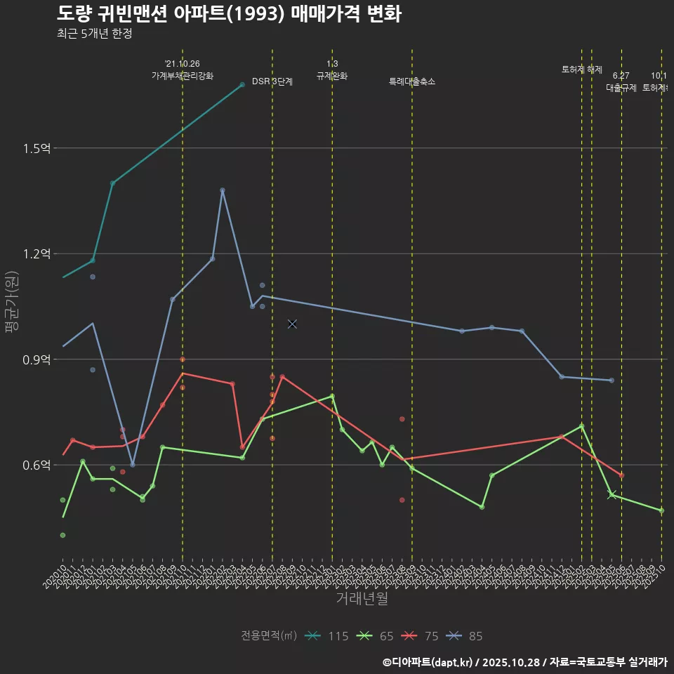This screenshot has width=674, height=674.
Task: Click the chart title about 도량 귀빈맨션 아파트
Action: tap(229, 13)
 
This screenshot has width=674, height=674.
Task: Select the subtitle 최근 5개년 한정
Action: tap(94, 33)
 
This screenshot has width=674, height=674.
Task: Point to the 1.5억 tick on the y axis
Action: tap(37, 148)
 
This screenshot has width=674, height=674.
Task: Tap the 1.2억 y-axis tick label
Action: tap(37, 253)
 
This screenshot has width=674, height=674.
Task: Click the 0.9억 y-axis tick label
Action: tap(37, 359)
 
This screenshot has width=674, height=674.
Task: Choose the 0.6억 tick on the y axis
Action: tap(37, 465)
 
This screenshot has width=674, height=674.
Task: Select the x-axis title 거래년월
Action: tap(362, 599)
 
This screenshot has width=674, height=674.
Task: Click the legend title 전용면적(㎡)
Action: tap(268, 636)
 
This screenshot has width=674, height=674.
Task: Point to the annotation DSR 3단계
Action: tap(272, 81)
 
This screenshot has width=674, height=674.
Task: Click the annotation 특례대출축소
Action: tap(412, 81)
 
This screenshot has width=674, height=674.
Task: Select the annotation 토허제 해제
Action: tap(582, 70)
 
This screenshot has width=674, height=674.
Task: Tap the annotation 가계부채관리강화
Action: tap(183, 75)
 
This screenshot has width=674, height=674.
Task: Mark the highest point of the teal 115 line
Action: tap(242, 84)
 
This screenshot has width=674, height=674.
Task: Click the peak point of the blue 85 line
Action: tap(223, 190)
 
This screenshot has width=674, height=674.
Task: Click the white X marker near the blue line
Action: tap(292, 324)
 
